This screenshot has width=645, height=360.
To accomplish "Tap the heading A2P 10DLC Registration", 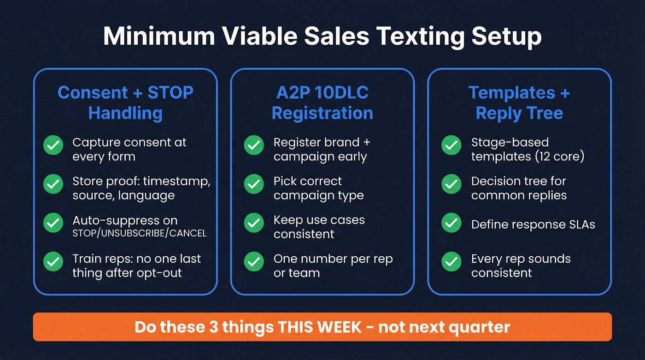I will pyautogui.click(x=322, y=103).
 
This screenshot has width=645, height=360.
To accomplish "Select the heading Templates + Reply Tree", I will pyautogui.click(x=519, y=103).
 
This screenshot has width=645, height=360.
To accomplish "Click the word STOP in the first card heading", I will pyautogui.click(x=170, y=93).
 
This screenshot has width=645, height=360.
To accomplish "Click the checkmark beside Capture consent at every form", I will pyautogui.click(x=53, y=146).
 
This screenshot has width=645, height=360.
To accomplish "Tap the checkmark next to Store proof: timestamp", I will pyautogui.click(x=53, y=184).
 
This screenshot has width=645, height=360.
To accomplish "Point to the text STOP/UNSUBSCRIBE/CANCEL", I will pyautogui.click(x=140, y=233).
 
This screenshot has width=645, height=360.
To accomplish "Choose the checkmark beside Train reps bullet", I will pyautogui.click(x=53, y=262).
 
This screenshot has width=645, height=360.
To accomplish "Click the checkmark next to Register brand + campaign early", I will pyautogui.click(x=253, y=146).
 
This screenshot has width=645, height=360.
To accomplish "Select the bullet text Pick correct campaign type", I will pyautogui.click(x=318, y=188).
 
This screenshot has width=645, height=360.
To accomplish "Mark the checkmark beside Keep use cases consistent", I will pyautogui.click(x=253, y=223).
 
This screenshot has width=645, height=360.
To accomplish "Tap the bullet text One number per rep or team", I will pyautogui.click(x=333, y=266).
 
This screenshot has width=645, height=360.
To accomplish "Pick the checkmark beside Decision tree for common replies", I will pyautogui.click(x=451, y=184).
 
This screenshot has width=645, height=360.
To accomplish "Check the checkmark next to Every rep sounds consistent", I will pyautogui.click(x=451, y=262).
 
